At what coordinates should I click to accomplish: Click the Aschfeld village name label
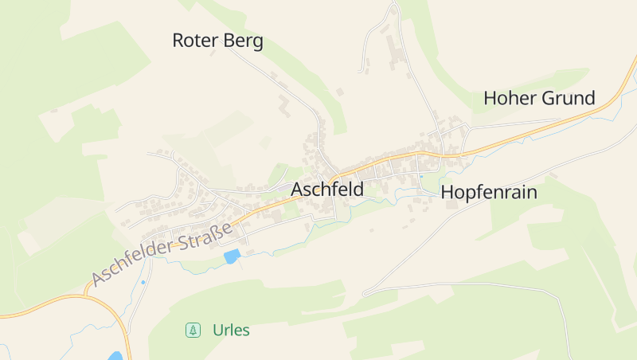(x=327, y=190)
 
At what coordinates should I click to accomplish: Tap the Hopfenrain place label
(x=489, y=192)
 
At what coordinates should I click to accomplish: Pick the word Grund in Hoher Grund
(x=569, y=99)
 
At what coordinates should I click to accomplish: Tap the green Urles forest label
(x=231, y=330)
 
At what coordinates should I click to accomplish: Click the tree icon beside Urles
(x=193, y=330)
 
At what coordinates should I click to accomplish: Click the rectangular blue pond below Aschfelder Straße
(x=232, y=256)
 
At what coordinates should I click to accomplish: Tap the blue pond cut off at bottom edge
(x=116, y=356)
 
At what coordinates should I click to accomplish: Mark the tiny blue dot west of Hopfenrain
(x=421, y=177)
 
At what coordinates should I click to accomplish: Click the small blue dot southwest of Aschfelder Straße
(x=143, y=282)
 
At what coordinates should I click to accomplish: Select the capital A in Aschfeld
(x=298, y=190)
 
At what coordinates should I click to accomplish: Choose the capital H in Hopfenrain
(x=447, y=192)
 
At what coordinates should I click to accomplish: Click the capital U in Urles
(x=217, y=330)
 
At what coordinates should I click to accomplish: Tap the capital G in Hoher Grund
(x=549, y=99)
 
